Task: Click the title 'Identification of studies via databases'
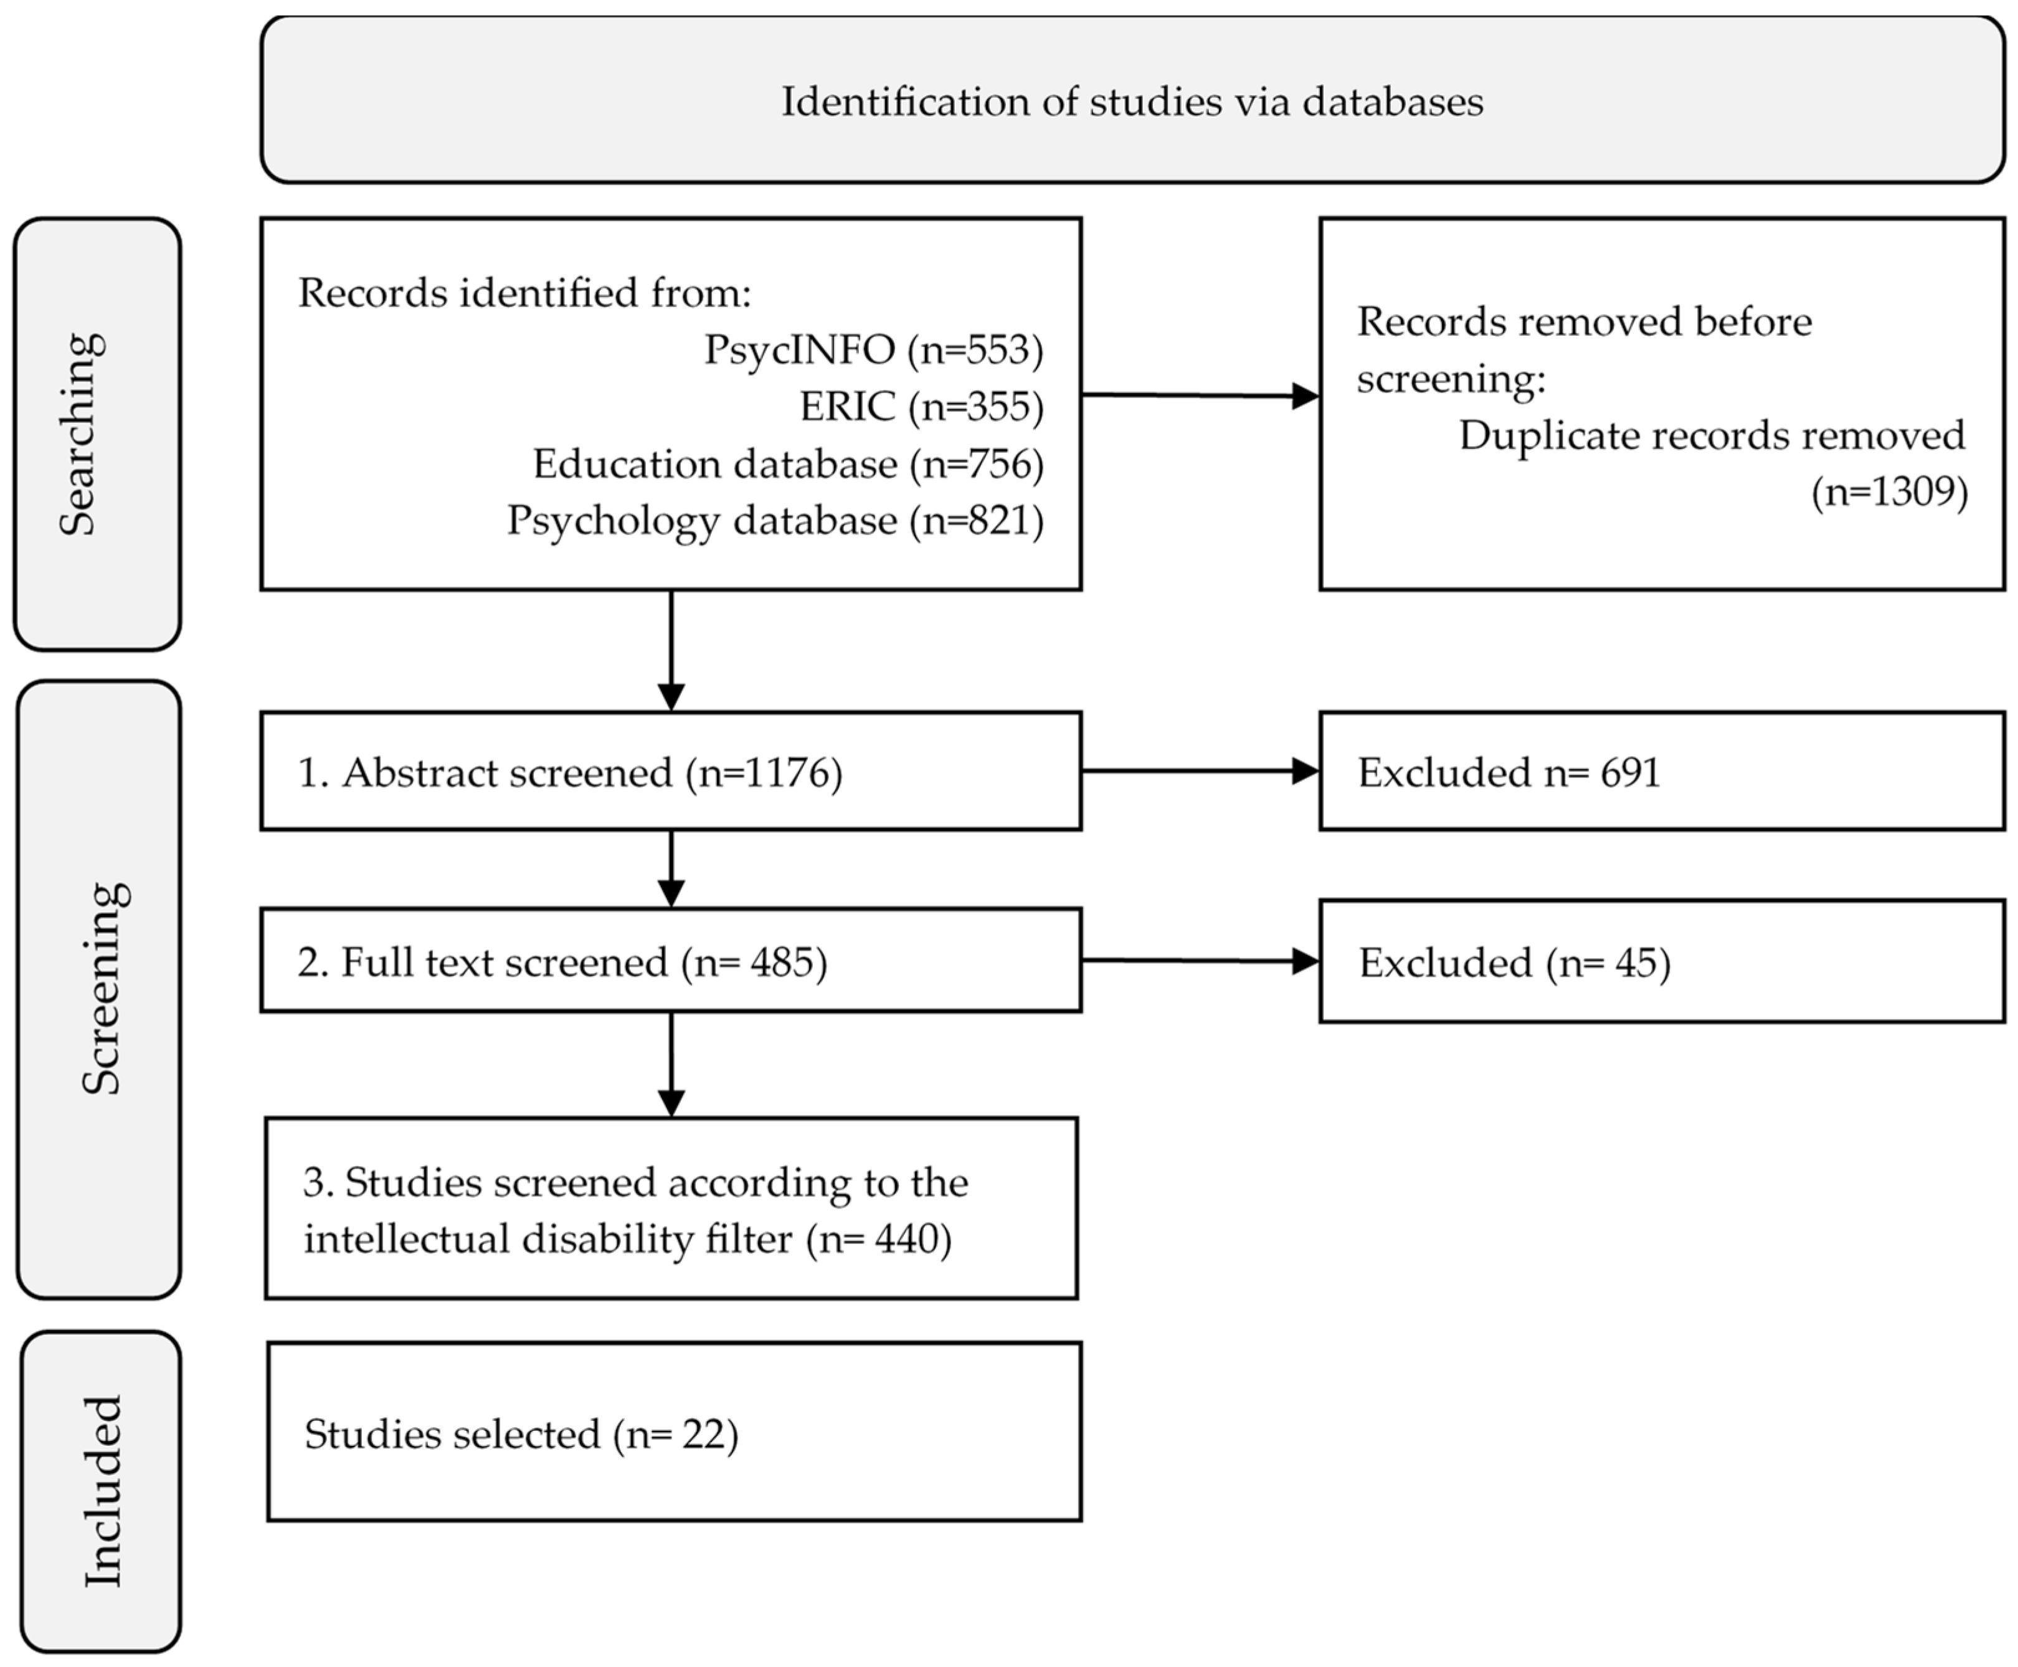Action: point(1131,102)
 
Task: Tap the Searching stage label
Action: point(78,434)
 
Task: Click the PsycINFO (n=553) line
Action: point(873,349)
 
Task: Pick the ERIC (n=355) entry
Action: point(921,406)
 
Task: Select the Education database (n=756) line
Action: point(787,464)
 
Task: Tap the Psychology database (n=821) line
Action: point(774,520)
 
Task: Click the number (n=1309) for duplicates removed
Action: point(1888,492)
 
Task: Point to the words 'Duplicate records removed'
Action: point(1711,435)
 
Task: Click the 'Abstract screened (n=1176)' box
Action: point(670,771)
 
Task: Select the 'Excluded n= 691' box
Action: point(1661,771)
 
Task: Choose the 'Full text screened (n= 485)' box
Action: point(670,960)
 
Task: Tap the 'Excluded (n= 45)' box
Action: point(1661,961)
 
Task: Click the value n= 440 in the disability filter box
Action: point(878,1239)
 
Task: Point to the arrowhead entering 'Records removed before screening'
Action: point(1305,396)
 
